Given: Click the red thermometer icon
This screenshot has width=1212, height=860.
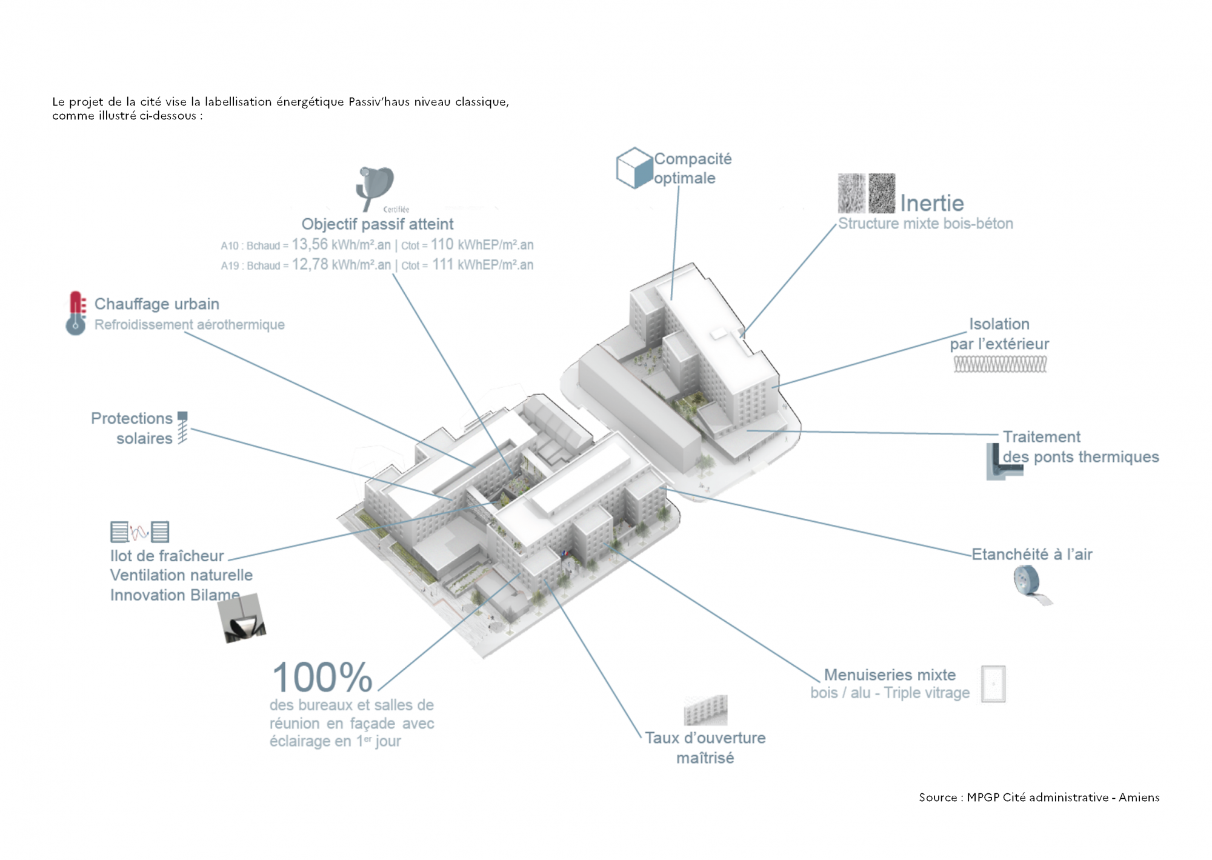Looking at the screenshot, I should (x=76, y=313).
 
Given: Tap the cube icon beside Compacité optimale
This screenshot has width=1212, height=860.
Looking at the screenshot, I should (x=634, y=168).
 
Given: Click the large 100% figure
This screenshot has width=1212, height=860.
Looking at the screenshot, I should (x=322, y=677).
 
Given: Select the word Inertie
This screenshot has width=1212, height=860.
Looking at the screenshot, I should (x=931, y=203).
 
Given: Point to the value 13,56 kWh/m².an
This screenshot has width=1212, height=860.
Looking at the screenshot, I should (x=341, y=245).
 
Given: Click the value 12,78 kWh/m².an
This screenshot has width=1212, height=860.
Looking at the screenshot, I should (x=341, y=265).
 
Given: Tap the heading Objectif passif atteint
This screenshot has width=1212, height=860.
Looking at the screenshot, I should (x=377, y=224).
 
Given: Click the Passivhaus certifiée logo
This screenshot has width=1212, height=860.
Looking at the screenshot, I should (x=376, y=188).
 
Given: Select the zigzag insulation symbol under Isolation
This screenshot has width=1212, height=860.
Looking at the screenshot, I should (x=1000, y=364).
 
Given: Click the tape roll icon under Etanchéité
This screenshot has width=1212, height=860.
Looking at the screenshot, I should (x=1029, y=583).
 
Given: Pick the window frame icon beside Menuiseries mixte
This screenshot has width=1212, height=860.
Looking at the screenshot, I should (x=993, y=684).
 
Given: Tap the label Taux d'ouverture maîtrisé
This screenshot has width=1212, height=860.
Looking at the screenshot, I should (x=705, y=747).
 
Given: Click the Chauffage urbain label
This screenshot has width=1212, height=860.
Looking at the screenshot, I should (x=156, y=304).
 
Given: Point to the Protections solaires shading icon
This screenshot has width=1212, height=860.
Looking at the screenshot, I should (x=182, y=428).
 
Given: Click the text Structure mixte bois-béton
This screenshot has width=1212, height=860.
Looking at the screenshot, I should (x=925, y=224).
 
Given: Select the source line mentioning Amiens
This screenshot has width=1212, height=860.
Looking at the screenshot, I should (x=1039, y=798).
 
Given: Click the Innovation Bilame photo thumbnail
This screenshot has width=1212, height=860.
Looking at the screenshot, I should (x=242, y=618).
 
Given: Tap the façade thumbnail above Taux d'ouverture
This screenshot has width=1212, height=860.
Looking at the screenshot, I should (x=705, y=710).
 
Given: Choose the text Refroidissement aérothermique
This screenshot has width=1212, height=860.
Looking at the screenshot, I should (x=189, y=325).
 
